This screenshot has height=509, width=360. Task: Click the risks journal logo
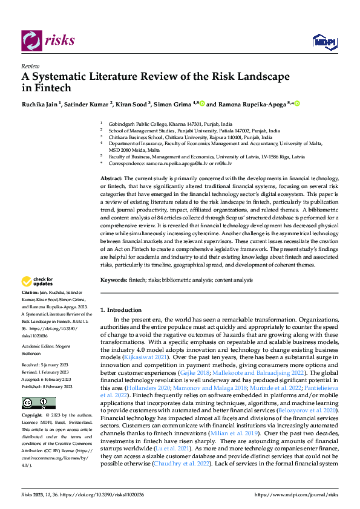[x=49, y=41]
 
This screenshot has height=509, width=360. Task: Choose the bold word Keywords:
[x=113, y=281]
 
